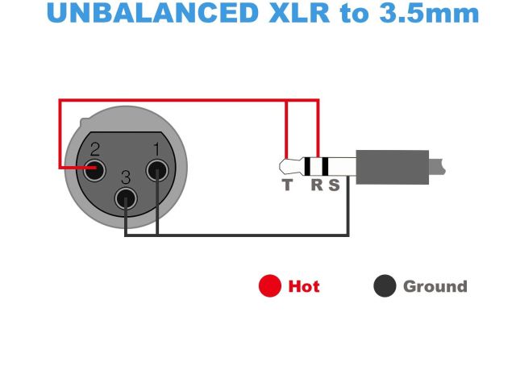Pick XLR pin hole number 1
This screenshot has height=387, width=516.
[x=156, y=169]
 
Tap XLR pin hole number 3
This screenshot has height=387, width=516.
[x=125, y=198]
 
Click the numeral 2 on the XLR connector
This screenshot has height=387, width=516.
[x=94, y=148]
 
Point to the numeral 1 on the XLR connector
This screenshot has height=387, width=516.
[x=156, y=148]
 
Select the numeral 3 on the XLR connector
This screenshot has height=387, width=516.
[x=125, y=177]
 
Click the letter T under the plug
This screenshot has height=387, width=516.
[x=287, y=185]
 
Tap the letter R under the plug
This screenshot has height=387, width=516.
[x=317, y=185]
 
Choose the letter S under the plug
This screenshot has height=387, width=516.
[x=334, y=185]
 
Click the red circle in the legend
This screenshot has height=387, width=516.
[x=270, y=286]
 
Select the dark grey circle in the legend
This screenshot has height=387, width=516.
[x=385, y=286]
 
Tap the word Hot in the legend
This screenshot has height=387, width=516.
[x=304, y=286]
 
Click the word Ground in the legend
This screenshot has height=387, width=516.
[x=435, y=286]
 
